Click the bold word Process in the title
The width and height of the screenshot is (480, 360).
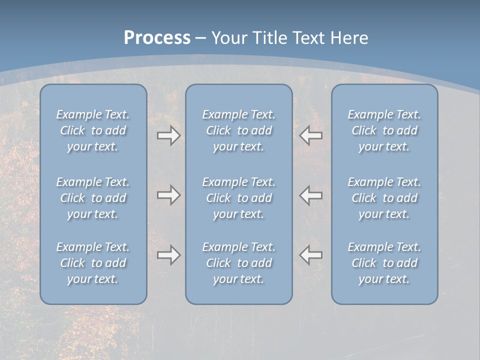click(157, 38)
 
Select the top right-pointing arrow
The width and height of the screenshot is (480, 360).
click(168, 135)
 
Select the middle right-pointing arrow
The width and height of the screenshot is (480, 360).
click(168, 194)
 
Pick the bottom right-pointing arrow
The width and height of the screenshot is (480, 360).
click(168, 255)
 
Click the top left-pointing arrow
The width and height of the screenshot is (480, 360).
click(311, 135)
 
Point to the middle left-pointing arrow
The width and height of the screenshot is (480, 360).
click(311, 194)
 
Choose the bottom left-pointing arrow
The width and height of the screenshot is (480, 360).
click(311, 255)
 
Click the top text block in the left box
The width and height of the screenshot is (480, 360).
click(93, 130)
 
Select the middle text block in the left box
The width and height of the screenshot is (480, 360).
click(93, 198)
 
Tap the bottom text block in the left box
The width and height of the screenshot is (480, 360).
click(93, 263)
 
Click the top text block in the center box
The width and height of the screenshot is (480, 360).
click(238, 130)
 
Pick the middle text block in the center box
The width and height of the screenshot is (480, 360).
click(238, 198)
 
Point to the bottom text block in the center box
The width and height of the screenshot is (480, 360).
click(238, 263)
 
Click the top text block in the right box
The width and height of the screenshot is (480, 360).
click(384, 130)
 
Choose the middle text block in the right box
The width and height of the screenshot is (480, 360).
click(384, 198)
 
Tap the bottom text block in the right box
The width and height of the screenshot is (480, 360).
click(384, 263)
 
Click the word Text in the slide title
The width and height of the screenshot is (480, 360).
click(310, 38)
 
